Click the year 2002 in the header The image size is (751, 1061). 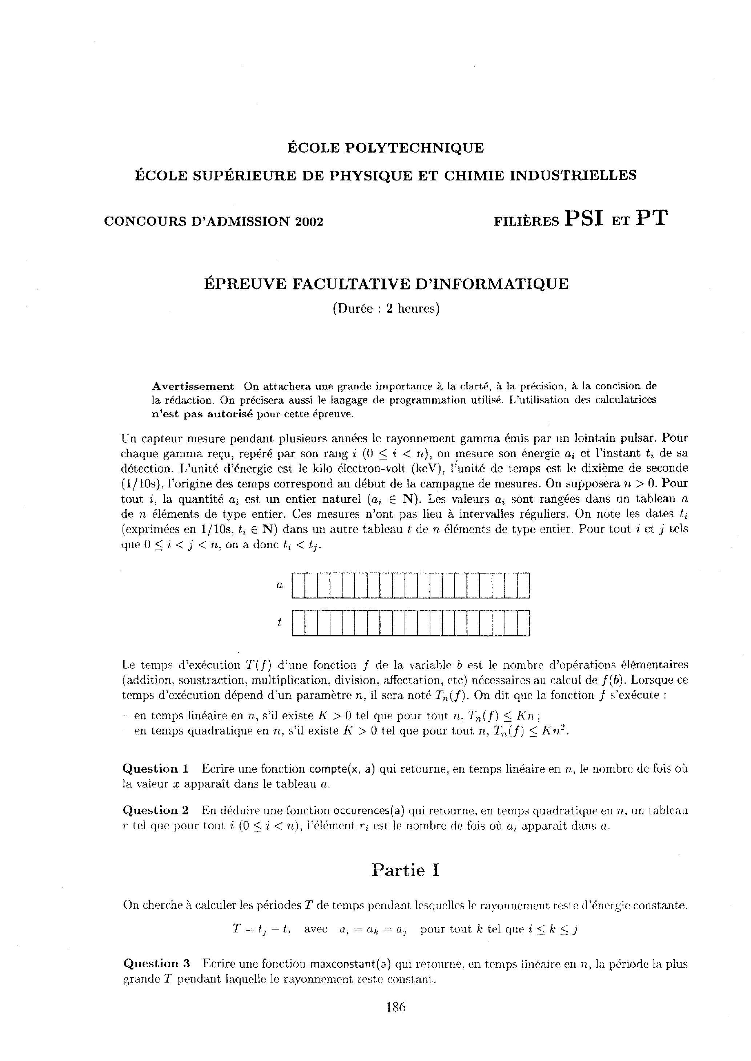point(309,222)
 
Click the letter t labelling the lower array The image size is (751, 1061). point(279,623)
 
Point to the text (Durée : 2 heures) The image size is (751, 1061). point(386,308)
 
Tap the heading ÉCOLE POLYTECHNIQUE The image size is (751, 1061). point(386,148)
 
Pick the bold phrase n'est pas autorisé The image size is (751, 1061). point(202,414)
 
